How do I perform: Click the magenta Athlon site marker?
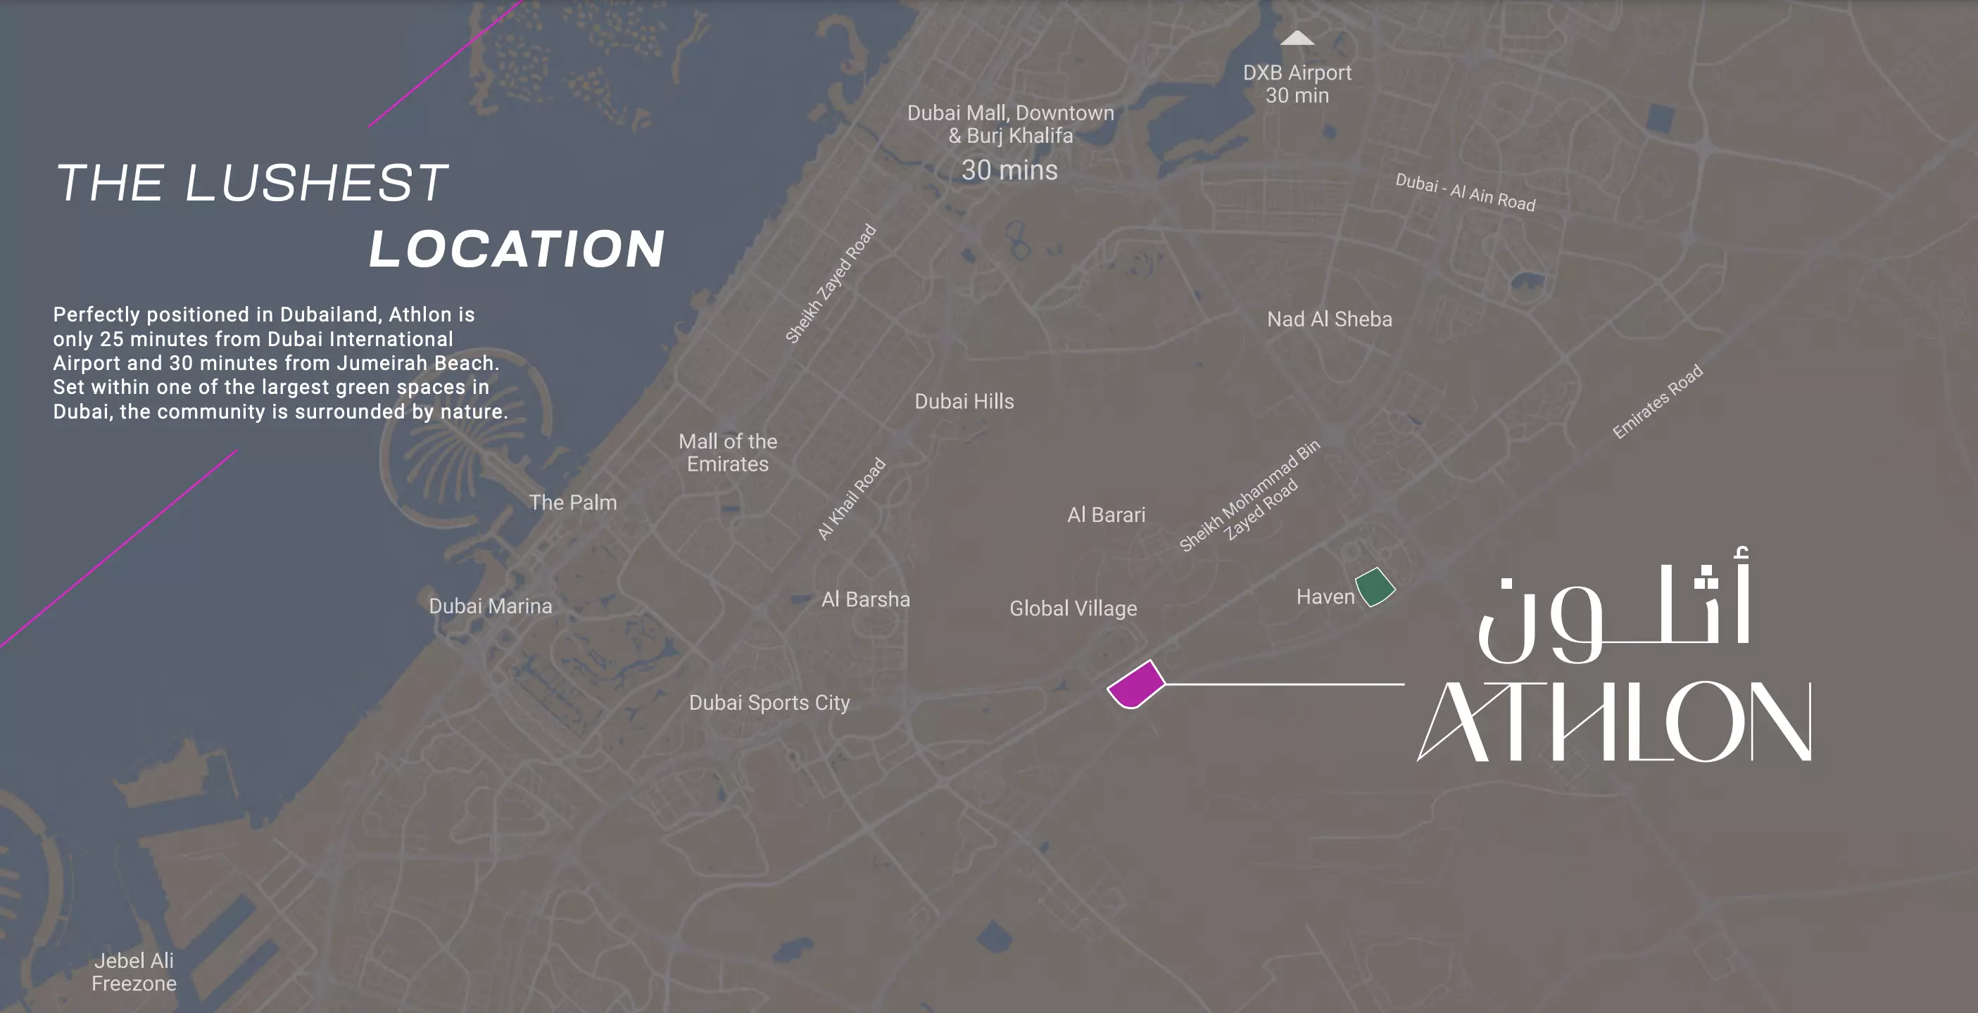coord(1135,684)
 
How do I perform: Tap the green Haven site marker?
coord(1375,587)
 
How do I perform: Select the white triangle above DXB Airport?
coord(1297,39)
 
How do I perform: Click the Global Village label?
coord(1073,609)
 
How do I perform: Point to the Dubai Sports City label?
coord(769,703)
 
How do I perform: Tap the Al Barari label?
coord(1106,515)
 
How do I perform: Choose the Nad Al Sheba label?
coord(1329,319)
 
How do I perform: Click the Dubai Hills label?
coord(964,402)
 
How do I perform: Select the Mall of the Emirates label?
coord(727,453)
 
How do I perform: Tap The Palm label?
coord(573,503)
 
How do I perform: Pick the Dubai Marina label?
coord(490,606)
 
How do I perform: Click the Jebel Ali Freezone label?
coord(134,972)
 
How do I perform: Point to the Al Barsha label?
coord(865,599)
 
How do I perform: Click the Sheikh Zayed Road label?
coord(830,283)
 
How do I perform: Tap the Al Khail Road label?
coord(851,499)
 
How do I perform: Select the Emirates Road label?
coord(1657,402)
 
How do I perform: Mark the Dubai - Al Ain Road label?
coord(1465,193)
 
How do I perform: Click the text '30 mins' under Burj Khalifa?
coord(1009,170)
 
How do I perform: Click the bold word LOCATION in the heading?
coord(517,250)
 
